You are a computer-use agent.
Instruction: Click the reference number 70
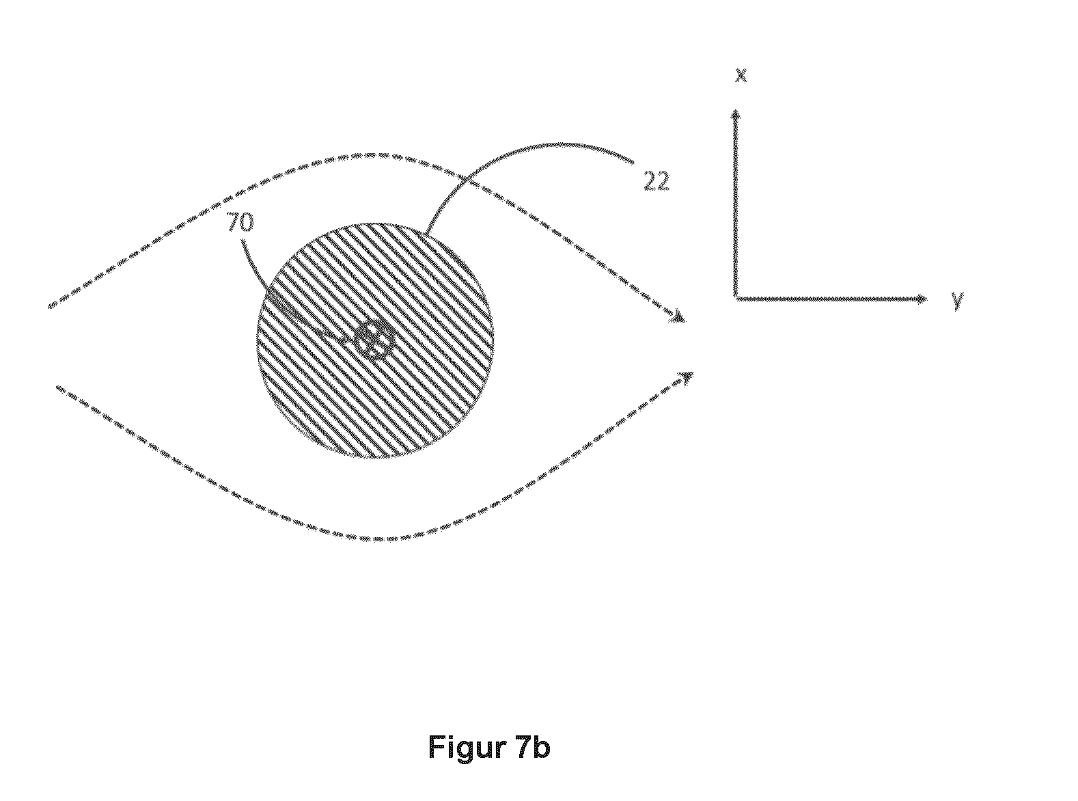240,222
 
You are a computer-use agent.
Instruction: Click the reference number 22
656,181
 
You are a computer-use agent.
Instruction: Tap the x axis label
741,75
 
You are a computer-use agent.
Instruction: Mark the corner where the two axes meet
736,299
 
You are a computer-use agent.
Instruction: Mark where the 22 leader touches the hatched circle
426,235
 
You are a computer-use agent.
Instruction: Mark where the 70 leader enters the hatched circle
266,292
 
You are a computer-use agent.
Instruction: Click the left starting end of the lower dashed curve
58,388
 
